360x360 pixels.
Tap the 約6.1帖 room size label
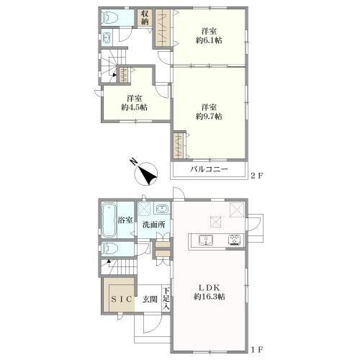coord(209,40)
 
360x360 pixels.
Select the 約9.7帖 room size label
coord(209,117)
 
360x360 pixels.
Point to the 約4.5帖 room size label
coord(134,107)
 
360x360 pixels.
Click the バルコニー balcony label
coord(209,170)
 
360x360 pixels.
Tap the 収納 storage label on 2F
coord(145,17)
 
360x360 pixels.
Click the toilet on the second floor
coord(109,17)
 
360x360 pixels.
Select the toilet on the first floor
coord(109,249)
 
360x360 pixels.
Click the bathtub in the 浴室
coord(109,220)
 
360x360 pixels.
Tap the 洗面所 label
coord(154,225)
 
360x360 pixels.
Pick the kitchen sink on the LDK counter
coord(206,240)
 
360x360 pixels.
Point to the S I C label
coord(122,299)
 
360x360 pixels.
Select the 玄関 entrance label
coord(150,300)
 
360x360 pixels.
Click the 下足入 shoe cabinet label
coord(166,299)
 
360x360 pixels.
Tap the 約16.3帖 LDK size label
coord(210,297)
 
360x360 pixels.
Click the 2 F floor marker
coord(257,176)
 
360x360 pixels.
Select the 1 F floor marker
coord(257,350)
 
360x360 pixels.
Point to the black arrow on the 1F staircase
coord(109,261)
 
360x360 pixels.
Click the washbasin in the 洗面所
coord(163,209)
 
